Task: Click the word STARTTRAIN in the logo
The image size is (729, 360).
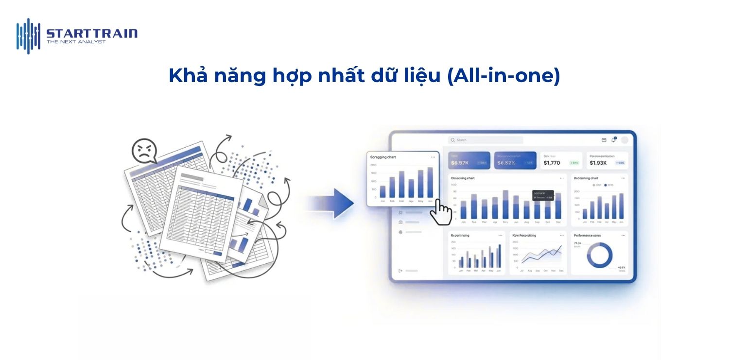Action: click(x=92, y=34)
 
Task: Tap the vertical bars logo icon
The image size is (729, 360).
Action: click(x=28, y=35)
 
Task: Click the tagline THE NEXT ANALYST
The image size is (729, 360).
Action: click(x=76, y=42)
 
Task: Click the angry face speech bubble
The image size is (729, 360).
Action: click(x=144, y=150)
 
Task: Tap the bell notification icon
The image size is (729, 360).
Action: click(x=613, y=140)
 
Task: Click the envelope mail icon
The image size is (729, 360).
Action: click(x=604, y=140)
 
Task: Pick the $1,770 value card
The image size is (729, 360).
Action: click(x=561, y=160)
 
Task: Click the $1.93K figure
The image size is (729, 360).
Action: click(x=598, y=163)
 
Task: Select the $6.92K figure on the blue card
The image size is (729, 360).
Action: click(x=460, y=163)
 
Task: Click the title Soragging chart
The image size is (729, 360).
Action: click(x=383, y=157)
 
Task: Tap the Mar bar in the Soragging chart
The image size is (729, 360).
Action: click(x=401, y=185)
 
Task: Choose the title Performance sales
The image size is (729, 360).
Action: click(x=587, y=236)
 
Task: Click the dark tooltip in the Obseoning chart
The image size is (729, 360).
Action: click(x=542, y=195)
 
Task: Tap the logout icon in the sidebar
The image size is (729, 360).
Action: click(x=400, y=271)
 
